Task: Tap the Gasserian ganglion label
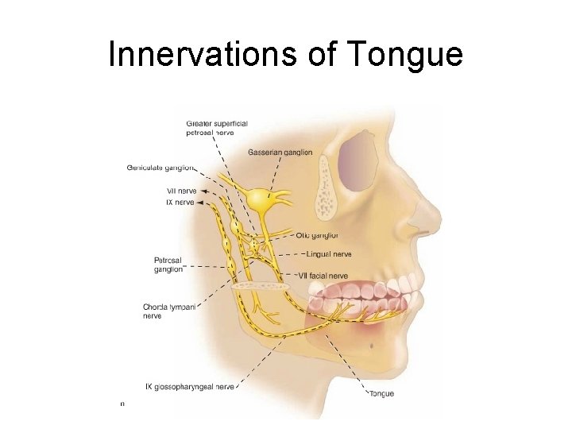[280, 152]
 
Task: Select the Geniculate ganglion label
[159, 168]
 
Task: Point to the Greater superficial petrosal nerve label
[217, 128]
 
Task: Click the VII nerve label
[181, 191]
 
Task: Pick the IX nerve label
[180, 203]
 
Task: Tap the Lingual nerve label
[328, 254]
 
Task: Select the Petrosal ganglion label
[168, 264]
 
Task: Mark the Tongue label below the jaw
[381, 393]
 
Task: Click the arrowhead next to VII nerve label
[205, 191]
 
